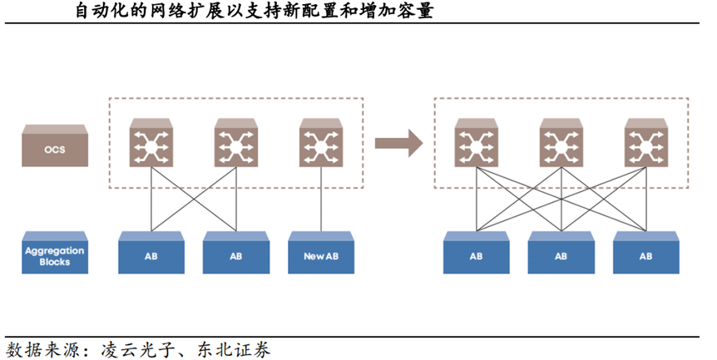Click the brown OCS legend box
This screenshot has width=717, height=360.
tap(53, 146)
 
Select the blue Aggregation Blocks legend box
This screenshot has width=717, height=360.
tap(53, 255)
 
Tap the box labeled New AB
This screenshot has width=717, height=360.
tap(320, 255)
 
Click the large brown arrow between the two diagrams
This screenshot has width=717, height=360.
tap(398, 143)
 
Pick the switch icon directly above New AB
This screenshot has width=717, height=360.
tap(320, 143)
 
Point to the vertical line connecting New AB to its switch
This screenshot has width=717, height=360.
tap(320, 200)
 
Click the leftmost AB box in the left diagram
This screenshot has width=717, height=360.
tap(151, 255)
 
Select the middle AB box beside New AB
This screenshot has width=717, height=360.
tap(235, 255)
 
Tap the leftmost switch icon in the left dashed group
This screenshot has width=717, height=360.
tap(151, 143)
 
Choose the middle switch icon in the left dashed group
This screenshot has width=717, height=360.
tap(235, 143)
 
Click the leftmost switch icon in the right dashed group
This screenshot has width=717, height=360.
tap(476, 143)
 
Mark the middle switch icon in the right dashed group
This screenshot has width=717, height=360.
tap(561, 143)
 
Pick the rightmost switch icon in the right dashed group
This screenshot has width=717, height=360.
tap(645, 143)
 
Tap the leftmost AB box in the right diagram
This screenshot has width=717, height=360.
tap(476, 255)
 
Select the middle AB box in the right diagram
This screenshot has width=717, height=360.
tap(561, 255)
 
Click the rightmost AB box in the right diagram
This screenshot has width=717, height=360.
tap(645, 255)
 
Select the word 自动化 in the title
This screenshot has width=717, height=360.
tap(92, 12)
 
